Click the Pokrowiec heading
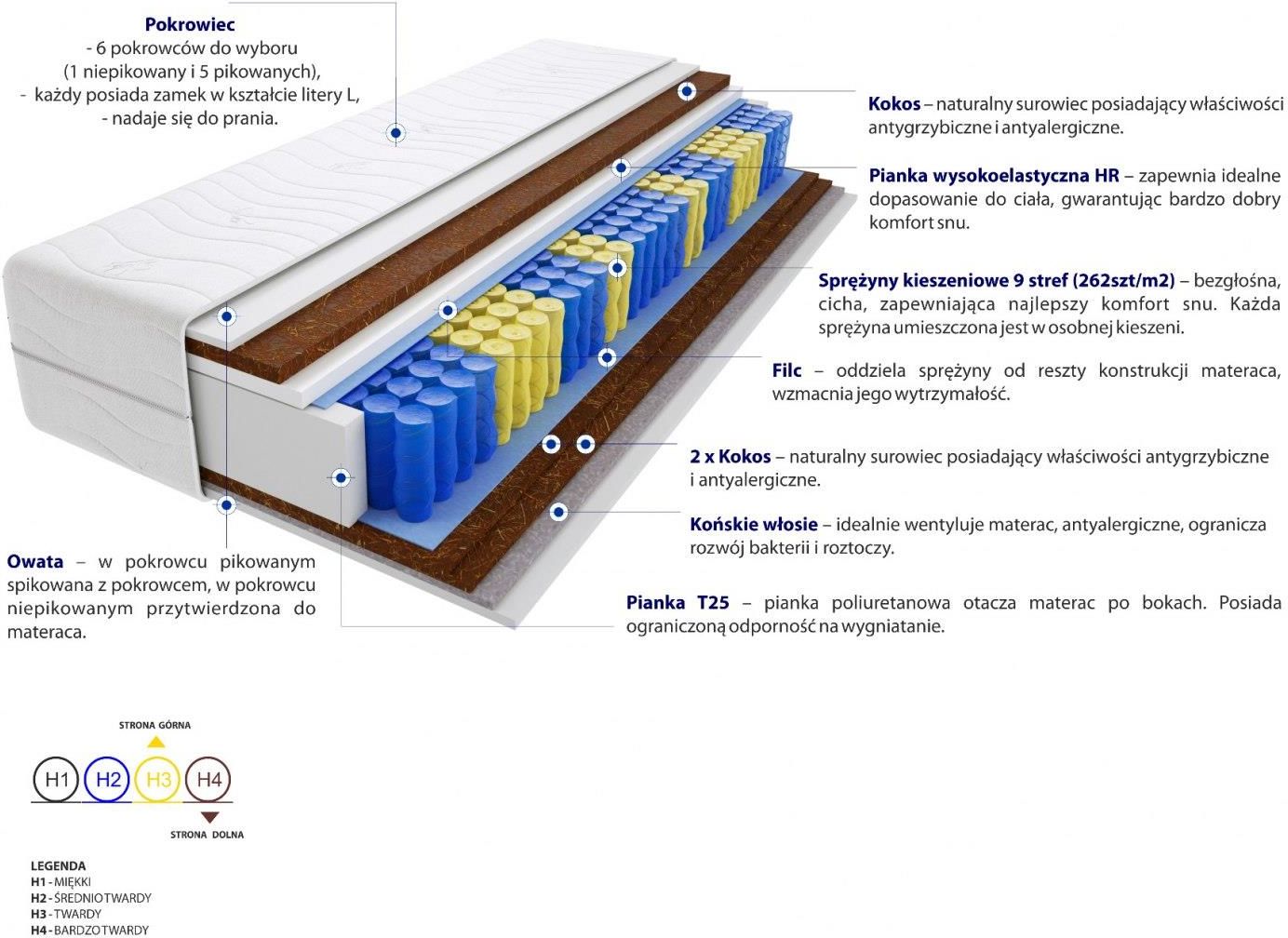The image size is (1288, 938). (190, 24)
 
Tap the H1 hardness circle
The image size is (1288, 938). (56, 779)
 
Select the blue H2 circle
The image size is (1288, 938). (108, 779)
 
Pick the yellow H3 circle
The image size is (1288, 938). (158, 779)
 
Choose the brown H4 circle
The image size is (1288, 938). (208, 779)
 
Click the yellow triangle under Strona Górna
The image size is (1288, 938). (155, 742)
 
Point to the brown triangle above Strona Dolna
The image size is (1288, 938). (210, 817)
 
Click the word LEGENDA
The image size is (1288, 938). (58, 865)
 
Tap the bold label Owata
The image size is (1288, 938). (35, 561)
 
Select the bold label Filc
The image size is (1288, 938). (786, 370)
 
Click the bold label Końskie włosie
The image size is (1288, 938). (754, 524)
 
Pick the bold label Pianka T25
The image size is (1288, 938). (678, 603)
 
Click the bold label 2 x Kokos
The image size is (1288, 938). (731, 456)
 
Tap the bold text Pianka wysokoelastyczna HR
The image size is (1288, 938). (994, 175)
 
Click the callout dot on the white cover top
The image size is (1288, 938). (396, 133)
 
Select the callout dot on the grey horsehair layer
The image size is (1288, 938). (558, 511)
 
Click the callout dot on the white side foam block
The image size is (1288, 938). (341, 477)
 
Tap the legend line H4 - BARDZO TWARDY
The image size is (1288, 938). (89, 930)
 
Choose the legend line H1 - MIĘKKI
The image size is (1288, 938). (60, 881)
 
